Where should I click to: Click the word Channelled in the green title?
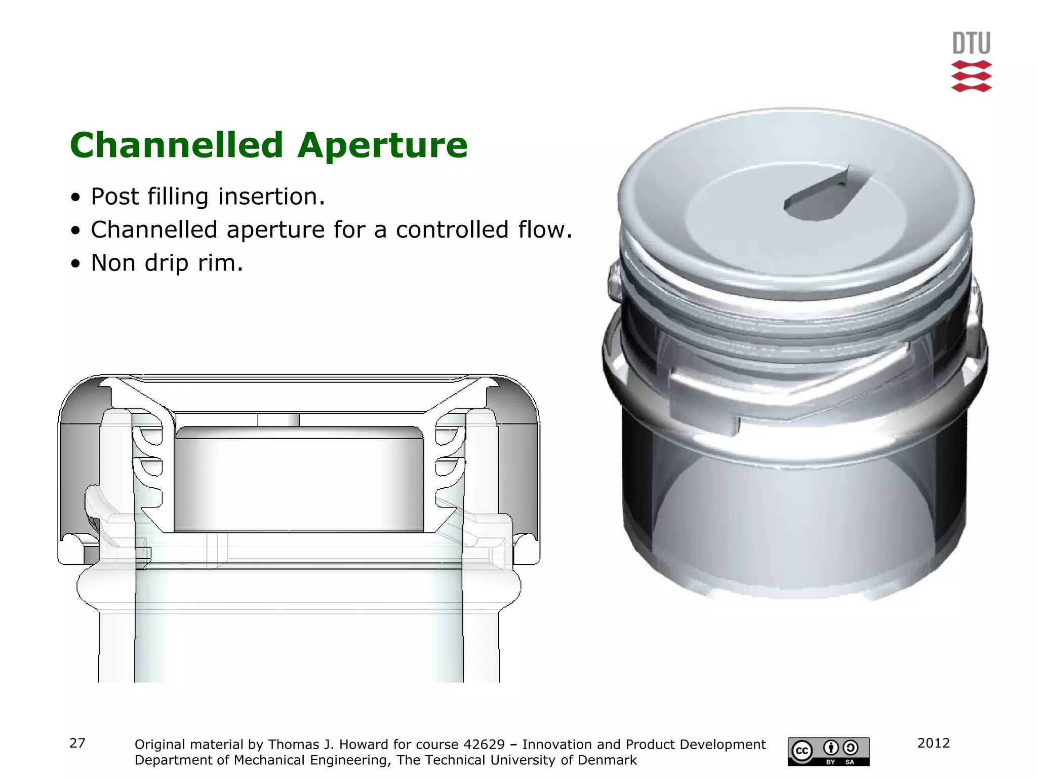click(x=176, y=145)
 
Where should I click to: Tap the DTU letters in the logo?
click(x=971, y=44)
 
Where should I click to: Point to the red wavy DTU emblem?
click(x=971, y=76)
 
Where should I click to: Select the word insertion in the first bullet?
click(x=271, y=197)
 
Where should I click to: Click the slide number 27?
click(x=77, y=743)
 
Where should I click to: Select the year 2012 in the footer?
click(x=933, y=743)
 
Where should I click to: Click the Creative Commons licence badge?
click(x=828, y=751)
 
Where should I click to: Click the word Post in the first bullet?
click(x=114, y=197)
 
